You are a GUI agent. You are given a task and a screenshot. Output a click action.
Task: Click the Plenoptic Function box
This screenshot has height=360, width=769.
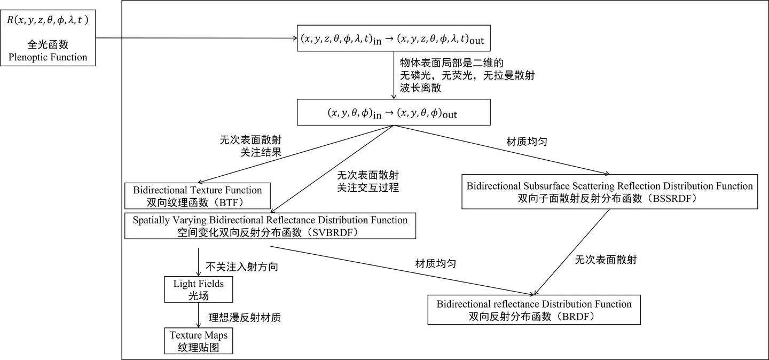pyautogui.click(x=48, y=36)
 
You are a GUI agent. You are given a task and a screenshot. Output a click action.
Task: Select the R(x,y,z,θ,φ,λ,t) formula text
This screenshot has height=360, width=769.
pyautogui.click(x=48, y=20)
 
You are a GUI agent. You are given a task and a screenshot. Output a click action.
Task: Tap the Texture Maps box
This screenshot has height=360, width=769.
pyautogui.click(x=199, y=341)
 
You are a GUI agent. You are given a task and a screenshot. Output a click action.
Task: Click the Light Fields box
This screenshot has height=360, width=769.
pyautogui.click(x=199, y=289)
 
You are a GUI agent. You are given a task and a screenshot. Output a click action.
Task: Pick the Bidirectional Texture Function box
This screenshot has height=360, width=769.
pyautogui.click(x=197, y=195)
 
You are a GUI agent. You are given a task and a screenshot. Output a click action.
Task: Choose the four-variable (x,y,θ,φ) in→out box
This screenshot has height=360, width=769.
pyautogui.click(x=393, y=113)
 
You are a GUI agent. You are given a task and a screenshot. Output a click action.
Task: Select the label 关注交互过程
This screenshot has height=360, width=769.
pyautogui.click(x=368, y=187)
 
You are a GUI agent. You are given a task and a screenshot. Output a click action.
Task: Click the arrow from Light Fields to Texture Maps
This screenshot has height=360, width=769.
pyautogui.click(x=199, y=316)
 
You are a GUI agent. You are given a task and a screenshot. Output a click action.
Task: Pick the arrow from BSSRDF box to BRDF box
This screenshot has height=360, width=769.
pyautogui.click(x=571, y=252)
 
